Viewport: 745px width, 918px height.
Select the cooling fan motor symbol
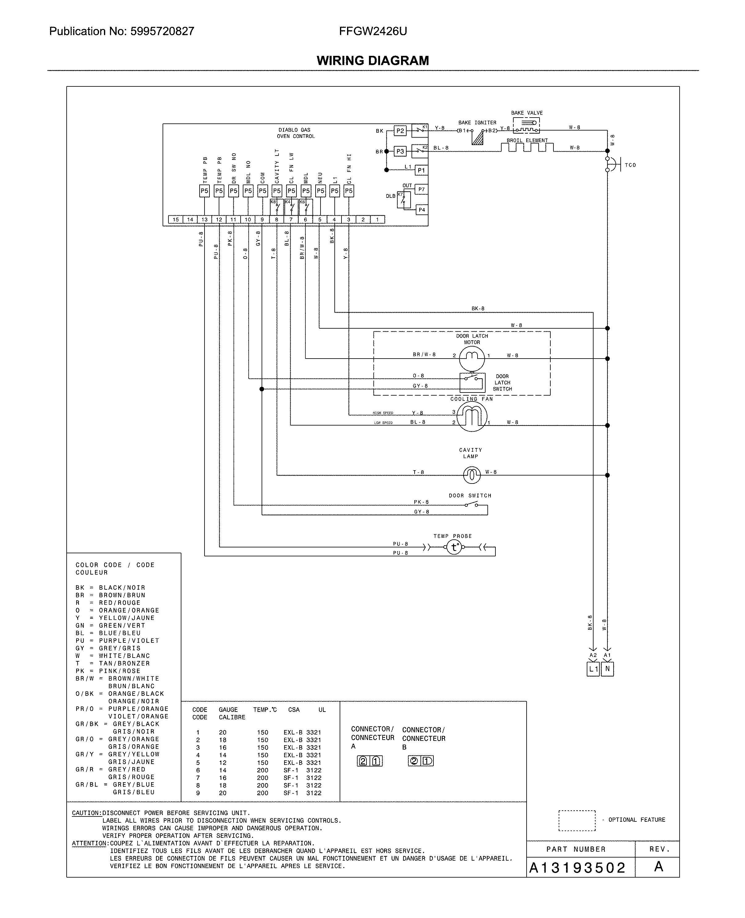[472, 416]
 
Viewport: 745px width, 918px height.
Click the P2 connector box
[400, 131]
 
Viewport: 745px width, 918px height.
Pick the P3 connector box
[400, 151]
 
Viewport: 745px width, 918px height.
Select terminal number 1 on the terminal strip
[377, 220]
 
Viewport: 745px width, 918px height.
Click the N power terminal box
[607, 669]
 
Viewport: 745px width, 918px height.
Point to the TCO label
[630, 165]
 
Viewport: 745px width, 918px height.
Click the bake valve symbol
[526, 125]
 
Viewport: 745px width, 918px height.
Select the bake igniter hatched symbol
[477, 138]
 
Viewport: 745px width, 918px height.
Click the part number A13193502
[577, 868]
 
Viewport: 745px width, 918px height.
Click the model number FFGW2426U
[373, 31]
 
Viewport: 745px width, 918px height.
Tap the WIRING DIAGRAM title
[373, 60]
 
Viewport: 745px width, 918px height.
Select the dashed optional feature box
[577, 820]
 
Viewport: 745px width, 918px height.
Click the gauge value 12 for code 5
[222, 763]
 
